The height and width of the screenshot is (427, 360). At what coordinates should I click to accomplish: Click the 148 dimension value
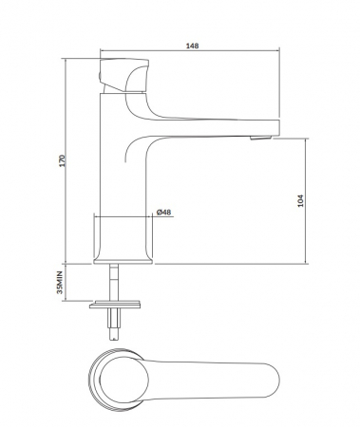coord(192,46)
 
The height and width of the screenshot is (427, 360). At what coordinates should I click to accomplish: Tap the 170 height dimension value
coord(63,160)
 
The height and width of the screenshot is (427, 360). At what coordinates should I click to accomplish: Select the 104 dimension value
coord(300,201)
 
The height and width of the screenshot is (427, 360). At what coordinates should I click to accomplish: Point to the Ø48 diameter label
coord(163,212)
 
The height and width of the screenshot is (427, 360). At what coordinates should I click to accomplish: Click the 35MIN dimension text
coord(60,283)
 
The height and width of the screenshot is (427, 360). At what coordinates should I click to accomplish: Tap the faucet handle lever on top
coord(124,75)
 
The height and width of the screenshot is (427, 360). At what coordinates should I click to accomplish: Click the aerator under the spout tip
coord(260,138)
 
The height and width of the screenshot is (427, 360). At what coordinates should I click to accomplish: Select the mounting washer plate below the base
coord(115,305)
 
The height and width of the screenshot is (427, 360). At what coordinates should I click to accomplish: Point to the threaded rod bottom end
coord(114,339)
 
